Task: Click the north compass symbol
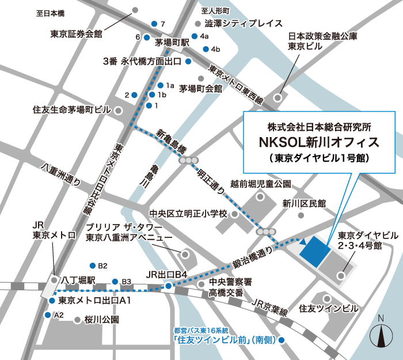381,334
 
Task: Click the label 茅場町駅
173,43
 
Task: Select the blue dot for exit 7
154,24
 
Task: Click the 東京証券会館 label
76,34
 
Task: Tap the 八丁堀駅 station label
79,280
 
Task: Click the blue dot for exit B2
92,266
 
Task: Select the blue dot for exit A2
47,315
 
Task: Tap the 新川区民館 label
304,203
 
